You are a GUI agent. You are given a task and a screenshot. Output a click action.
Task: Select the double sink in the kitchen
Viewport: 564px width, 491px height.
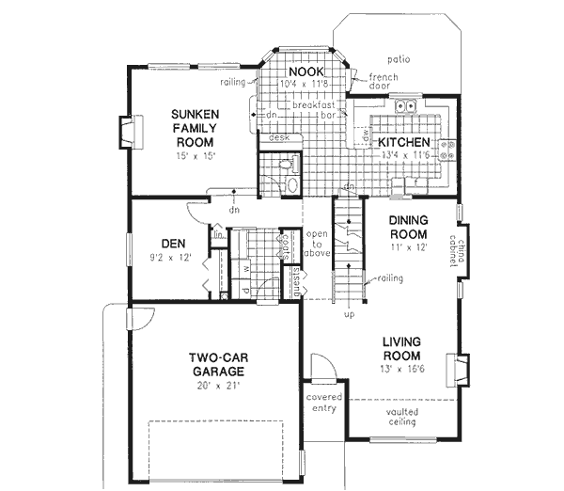pos(406,107)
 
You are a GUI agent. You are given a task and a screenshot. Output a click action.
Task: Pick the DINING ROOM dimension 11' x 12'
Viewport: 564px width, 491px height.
pos(408,246)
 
